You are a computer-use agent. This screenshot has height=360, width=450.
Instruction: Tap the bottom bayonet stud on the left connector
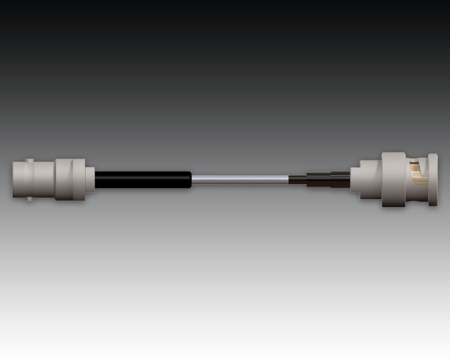coord(29,199)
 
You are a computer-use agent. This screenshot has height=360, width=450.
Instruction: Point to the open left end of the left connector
coord(14,179)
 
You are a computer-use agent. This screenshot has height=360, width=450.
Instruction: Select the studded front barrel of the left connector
coord(35,179)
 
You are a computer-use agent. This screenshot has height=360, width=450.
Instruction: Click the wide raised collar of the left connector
coord(69,179)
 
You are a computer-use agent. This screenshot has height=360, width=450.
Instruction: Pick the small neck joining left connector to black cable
coord(90,179)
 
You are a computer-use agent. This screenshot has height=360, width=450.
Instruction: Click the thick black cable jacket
coord(141,180)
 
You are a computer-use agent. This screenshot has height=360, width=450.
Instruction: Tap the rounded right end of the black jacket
coord(190,180)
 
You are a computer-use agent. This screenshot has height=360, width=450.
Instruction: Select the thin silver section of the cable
coord(241,180)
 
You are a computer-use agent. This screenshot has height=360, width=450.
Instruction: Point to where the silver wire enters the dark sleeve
coord(289,180)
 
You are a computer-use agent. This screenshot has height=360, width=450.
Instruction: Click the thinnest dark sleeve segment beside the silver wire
coord(298,180)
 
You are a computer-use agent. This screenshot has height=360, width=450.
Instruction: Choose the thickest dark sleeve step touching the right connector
coord(341,180)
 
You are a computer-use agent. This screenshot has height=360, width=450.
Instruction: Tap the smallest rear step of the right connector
coord(355,179)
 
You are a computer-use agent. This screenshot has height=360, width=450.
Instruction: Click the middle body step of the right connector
coord(370,179)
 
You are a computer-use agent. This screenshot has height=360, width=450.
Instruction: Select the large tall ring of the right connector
coord(393,179)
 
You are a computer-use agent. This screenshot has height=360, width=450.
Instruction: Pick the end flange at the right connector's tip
coord(433,179)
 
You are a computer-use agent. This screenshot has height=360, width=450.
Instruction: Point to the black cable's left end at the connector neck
coord(97,180)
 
